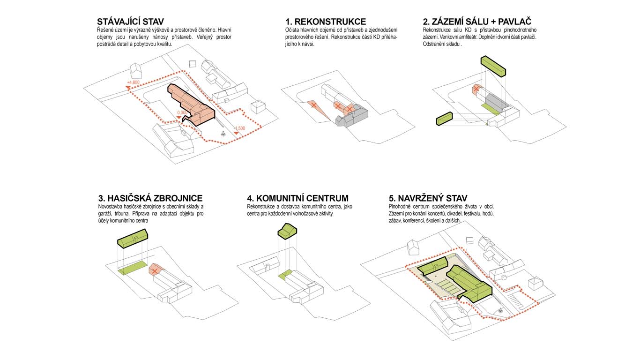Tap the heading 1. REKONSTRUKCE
(326, 22)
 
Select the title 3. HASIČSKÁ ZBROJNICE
(150, 198)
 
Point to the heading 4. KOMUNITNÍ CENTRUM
(298, 198)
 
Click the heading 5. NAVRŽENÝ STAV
(428, 198)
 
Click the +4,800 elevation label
(133, 82)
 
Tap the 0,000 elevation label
(182, 112)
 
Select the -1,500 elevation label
(239, 128)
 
